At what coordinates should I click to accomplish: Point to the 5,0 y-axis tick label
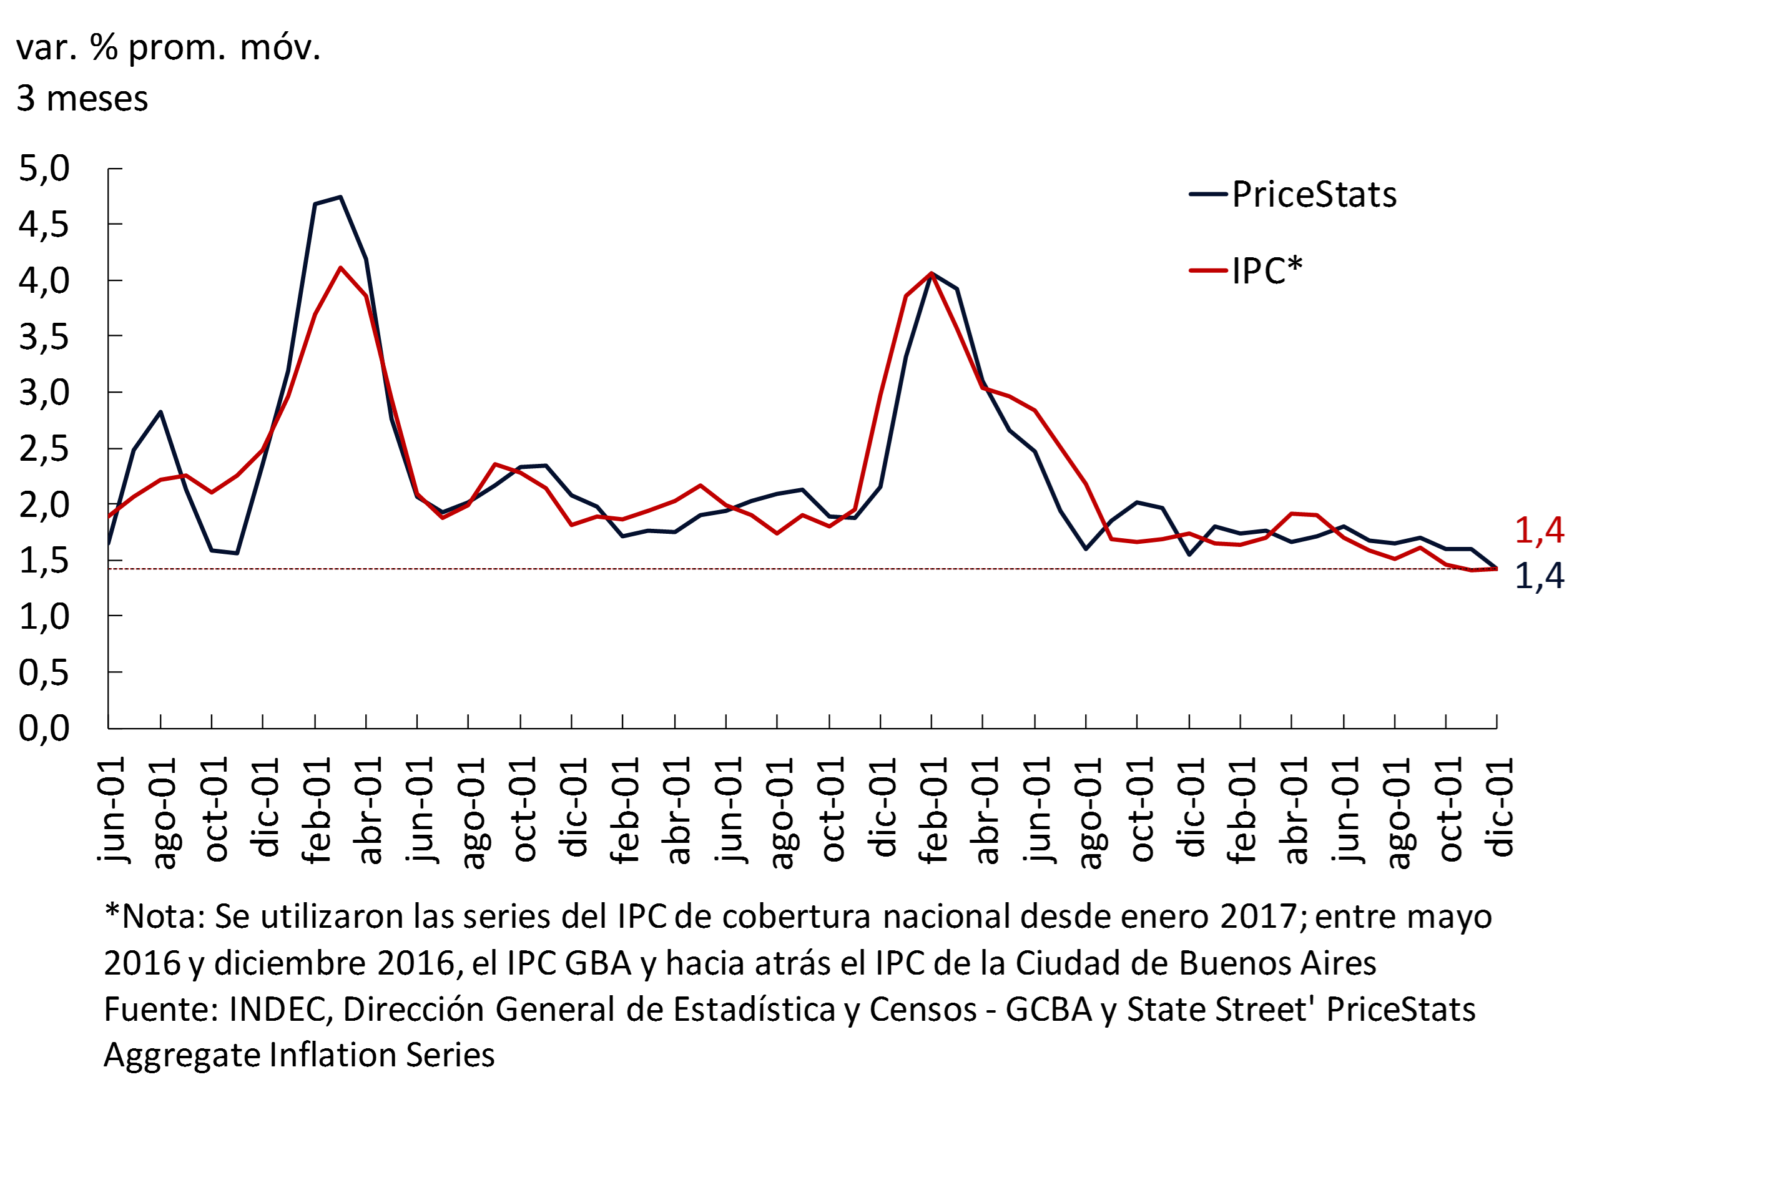click(x=44, y=168)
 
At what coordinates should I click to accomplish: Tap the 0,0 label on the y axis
click(x=44, y=728)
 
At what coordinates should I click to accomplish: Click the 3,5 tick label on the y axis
click(x=44, y=337)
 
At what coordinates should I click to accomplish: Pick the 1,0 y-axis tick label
click(x=44, y=616)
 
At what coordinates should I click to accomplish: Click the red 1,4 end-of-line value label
click(x=1539, y=530)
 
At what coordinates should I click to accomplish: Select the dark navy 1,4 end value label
click(x=1539, y=576)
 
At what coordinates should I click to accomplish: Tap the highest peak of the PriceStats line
click(x=341, y=197)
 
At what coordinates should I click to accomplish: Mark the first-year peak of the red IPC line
click(x=341, y=267)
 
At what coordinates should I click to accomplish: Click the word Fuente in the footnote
click(x=159, y=1009)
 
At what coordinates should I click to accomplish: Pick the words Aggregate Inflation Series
click(x=299, y=1055)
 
